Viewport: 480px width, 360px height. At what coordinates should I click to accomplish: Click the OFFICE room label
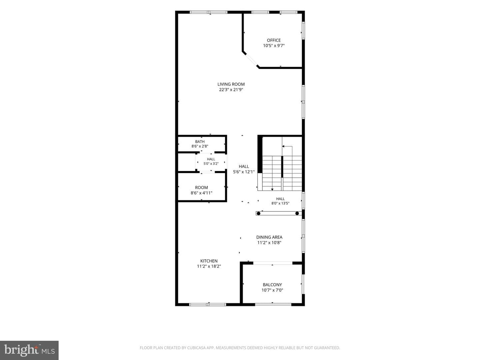pos(274,40)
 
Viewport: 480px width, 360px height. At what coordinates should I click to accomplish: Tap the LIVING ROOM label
pos(231,84)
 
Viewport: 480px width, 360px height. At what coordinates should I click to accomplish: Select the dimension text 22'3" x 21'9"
pos(231,90)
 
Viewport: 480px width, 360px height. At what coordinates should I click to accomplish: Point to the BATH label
pos(200,142)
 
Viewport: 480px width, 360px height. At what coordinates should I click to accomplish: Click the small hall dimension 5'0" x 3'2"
pos(211,163)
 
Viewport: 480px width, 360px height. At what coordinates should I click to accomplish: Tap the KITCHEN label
pos(209,261)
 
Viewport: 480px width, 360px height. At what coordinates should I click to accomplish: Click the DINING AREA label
pos(269,237)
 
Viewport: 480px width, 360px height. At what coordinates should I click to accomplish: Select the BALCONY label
pos(272,285)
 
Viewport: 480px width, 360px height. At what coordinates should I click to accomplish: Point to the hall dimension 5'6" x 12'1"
pos(244,172)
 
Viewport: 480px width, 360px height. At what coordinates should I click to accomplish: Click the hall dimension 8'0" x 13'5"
pos(280,203)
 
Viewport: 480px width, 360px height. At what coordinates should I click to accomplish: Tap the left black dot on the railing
pos(258,213)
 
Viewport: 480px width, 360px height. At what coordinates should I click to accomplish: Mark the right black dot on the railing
pos(297,213)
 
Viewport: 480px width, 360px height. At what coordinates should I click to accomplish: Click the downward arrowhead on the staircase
pos(272,190)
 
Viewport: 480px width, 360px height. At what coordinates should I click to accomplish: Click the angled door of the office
pos(251,60)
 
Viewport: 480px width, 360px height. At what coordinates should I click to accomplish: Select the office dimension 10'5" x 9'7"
pos(274,46)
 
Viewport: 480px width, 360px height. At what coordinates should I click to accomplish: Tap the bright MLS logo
pos(29,350)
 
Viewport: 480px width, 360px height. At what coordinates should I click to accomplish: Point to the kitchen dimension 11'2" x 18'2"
pos(209,266)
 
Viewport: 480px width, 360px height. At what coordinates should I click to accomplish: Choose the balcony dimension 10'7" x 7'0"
pos(272,290)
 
